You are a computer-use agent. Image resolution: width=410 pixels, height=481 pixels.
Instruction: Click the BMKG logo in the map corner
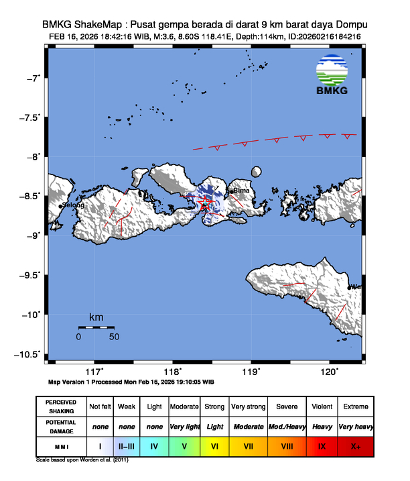332,76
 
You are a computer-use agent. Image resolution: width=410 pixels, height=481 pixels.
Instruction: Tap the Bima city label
241,191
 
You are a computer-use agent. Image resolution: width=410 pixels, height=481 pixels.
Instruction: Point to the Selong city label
73,205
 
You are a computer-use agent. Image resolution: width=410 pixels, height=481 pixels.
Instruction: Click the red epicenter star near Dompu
206,201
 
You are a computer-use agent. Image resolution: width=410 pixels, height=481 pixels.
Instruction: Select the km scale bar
96,327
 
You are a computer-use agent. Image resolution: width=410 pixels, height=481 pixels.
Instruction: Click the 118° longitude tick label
173,371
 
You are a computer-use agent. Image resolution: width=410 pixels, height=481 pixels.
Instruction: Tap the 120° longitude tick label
329,371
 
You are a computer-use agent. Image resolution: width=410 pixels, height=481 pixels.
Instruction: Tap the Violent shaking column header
322,407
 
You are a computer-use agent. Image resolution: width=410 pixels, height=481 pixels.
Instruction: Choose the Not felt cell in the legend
100,407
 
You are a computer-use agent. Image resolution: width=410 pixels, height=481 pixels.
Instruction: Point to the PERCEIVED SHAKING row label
62,407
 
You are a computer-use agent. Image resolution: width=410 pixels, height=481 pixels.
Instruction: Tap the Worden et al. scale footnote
82,461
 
